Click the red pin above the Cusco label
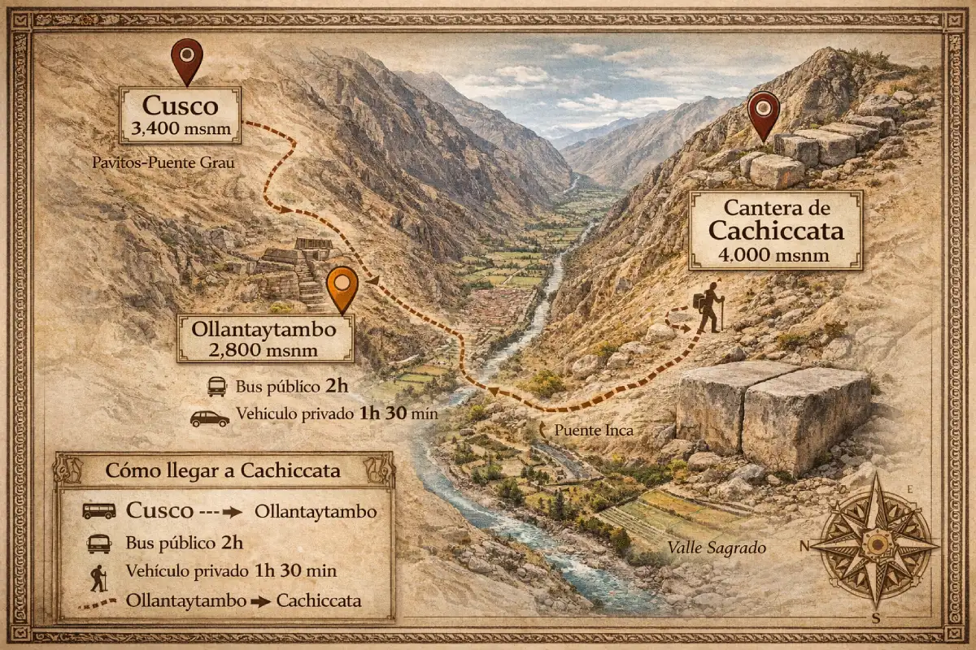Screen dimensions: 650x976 [187, 59]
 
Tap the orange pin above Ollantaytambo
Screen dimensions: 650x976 [342, 288]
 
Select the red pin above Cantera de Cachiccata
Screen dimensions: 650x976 [764, 115]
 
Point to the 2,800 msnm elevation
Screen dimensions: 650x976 [266, 350]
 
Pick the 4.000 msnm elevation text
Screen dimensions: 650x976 [775, 254]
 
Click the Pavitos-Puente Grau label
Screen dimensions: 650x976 [163, 163]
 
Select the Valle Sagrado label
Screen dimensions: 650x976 [717, 548]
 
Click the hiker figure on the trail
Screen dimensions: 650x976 [708, 307]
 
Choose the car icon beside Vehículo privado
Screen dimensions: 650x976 [210, 418]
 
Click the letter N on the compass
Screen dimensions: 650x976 [804, 546]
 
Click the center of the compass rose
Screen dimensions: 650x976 [876, 543]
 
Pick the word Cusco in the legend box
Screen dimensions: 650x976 [159, 511]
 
